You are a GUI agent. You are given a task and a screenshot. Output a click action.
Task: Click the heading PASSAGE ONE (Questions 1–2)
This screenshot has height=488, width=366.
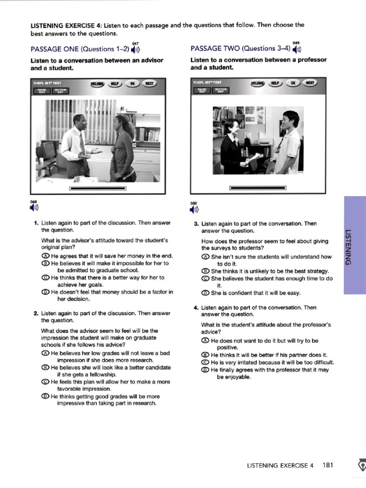(x=79, y=49)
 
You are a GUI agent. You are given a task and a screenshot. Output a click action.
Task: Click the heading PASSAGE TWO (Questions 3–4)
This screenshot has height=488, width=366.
(x=239, y=49)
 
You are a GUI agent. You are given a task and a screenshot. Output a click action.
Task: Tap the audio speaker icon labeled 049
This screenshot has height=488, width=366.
(x=297, y=49)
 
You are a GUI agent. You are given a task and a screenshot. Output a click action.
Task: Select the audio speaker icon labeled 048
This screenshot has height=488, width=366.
(x=34, y=207)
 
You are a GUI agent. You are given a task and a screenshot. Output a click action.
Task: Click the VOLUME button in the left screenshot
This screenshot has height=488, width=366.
(x=97, y=83)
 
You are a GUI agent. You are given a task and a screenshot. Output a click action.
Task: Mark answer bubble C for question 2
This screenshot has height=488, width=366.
(x=45, y=381)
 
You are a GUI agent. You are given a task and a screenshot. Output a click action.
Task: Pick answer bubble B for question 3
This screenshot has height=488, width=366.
(x=205, y=271)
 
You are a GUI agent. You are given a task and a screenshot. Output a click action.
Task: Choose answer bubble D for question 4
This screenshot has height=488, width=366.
(x=205, y=369)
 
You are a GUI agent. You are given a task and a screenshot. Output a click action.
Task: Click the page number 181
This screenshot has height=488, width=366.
(x=327, y=466)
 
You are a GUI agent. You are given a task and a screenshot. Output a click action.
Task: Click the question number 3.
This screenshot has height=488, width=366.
(x=196, y=224)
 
